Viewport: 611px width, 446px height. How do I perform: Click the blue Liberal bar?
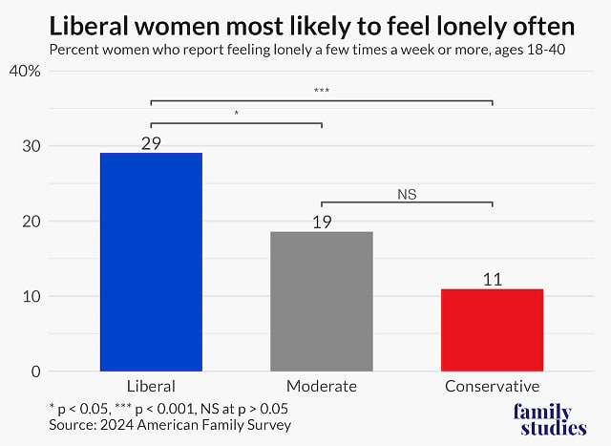[x=151, y=262]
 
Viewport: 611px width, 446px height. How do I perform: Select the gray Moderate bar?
[x=322, y=301]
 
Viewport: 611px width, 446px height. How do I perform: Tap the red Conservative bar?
[x=492, y=329]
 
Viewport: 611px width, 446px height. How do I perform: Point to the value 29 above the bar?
[x=151, y=143]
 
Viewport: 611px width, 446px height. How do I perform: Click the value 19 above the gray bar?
[x=322, y=222]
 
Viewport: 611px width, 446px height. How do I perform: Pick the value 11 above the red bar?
[x=492, y=279]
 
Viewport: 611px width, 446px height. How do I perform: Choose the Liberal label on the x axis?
[x=151, y=387]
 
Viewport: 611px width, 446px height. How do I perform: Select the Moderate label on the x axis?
[x=322, y=387]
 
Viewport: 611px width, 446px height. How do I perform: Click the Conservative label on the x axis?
[x=492, y=387]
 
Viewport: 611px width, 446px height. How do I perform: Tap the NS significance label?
[x=408, y=194]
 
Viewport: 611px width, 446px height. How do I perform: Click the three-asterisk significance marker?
[x=322, y=92]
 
